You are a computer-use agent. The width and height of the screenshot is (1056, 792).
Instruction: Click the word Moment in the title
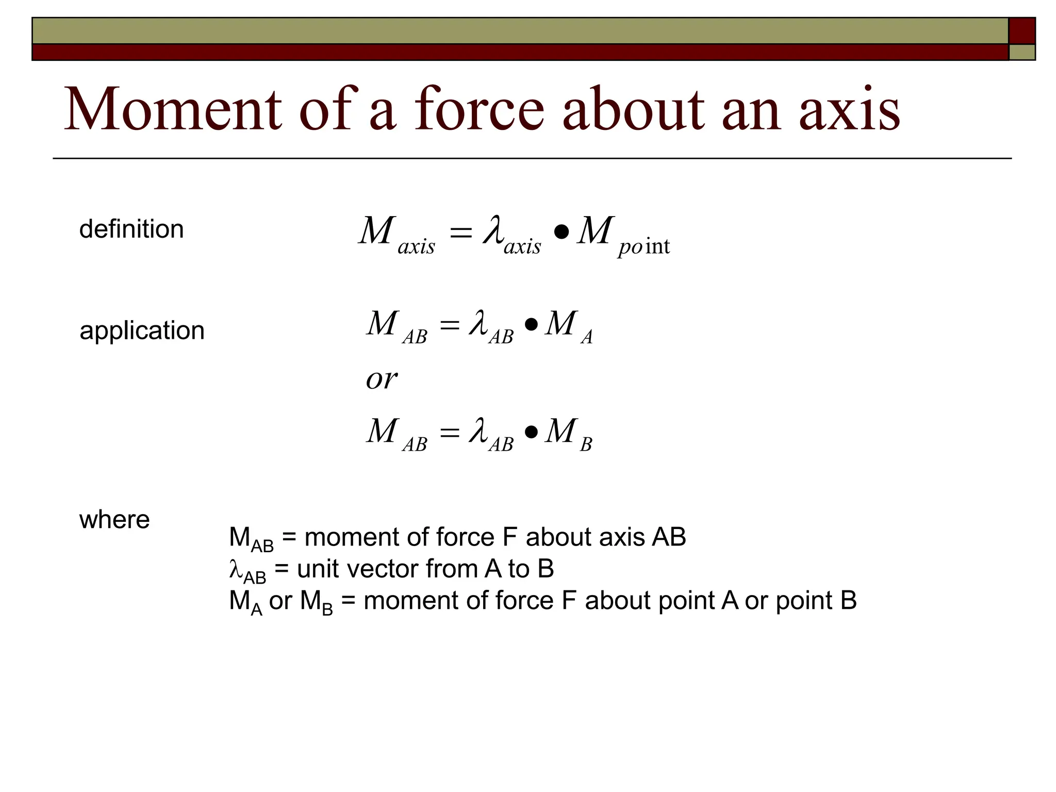173,109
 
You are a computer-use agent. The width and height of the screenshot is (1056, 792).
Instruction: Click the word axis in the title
849,109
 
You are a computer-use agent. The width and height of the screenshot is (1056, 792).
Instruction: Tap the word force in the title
479,109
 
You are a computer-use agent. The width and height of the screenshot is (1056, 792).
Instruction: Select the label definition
131,229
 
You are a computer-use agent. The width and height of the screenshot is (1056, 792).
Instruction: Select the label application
142,331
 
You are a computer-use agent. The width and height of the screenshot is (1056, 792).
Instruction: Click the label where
114,520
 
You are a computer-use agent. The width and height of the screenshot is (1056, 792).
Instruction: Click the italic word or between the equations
381,379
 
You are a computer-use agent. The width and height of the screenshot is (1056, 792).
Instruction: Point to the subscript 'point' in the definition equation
643,247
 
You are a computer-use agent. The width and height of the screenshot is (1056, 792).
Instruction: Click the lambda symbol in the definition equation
493,229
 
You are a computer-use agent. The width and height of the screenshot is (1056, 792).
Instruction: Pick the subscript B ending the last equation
586,444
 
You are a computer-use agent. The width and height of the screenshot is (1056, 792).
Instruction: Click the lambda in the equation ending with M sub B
479,431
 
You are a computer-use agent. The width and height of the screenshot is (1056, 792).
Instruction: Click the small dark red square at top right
1021,31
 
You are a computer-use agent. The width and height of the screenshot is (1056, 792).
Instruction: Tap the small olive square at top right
1021,52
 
